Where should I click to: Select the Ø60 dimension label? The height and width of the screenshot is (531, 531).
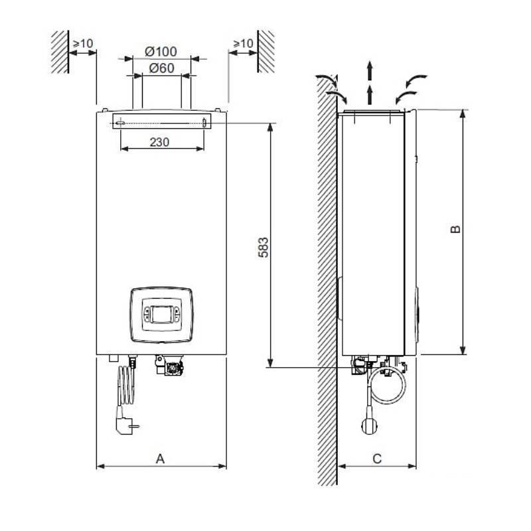pyautogui.click(x=161, y=68)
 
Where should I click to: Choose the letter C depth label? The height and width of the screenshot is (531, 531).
pyautogui.click(x=376, y=458)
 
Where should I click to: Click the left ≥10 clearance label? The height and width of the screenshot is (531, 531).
pyautogui.click(x=83, y=44)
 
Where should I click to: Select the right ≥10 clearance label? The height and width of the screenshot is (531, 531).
pyautogui.click(x=242, y=44)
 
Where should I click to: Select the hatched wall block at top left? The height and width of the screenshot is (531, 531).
pyautogui.click(x=60, y=51)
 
